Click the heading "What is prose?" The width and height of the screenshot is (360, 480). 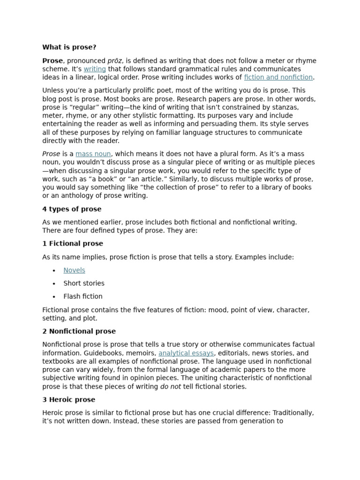pos(69,47)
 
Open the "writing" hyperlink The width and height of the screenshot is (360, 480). pos(95,69)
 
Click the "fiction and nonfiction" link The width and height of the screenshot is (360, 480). pos(278,77)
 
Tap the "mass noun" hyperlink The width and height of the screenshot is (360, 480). pos(93,154)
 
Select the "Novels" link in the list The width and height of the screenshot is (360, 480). pos(74,270)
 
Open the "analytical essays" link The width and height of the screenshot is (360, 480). pos(186,353)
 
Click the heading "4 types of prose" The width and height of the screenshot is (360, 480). pos(72,209)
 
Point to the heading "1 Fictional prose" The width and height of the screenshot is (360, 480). pos(73,244)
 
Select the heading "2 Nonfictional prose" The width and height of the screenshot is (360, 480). pos(79,331)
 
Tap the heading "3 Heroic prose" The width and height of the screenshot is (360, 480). pos(68,400)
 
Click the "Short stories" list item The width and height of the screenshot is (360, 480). pos(84,283)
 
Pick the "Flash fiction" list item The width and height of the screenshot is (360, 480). pos(83,296)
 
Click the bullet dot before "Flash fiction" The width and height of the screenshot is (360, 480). pos(54,297)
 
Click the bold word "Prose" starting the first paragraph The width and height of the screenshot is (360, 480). pos(52,61)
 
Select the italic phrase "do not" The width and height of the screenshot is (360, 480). pos(171,386)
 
